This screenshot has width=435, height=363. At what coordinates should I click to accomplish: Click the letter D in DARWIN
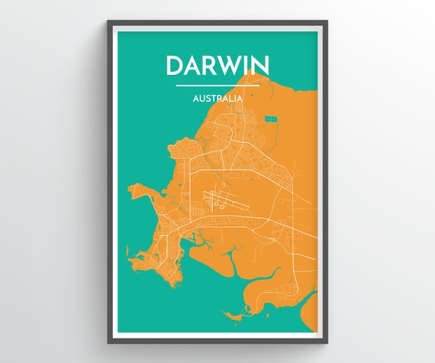(x=176, y=66)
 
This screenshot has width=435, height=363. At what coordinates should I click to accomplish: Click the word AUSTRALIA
(x=217, y=99)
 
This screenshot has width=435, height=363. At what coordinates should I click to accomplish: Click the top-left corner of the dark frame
(x=109, y=21)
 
